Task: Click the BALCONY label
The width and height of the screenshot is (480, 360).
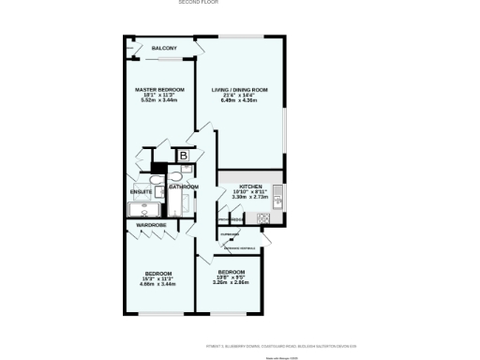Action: coord(164,48)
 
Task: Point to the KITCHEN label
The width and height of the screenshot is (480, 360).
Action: coord(250,187)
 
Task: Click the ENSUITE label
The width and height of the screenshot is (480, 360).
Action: coord(142,192)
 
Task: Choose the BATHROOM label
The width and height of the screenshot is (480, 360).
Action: coord(184,187)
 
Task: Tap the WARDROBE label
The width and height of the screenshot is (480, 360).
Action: coord(152,226)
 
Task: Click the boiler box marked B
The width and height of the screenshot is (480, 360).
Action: coord(185,155)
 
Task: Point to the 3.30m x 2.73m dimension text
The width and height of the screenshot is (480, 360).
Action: coord(250,198)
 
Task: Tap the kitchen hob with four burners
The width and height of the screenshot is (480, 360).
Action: coord(263,219)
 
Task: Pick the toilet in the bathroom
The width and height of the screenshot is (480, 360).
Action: coord(176,174)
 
